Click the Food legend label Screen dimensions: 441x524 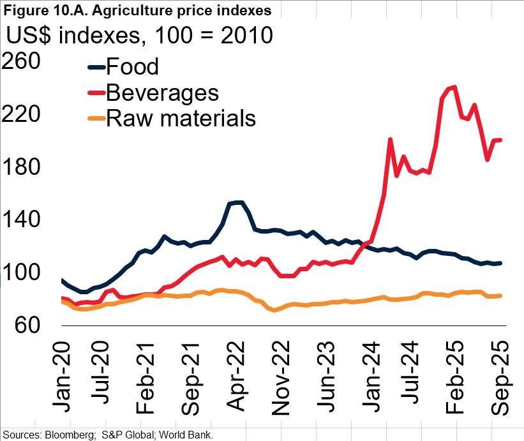coord(132,66)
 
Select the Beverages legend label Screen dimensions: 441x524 coord(162,93)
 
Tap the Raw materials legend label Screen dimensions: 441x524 coord(181,118)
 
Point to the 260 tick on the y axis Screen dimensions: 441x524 coord(22,61)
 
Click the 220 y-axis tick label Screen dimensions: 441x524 coord(22,114)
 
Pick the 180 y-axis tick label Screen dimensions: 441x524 coord(22,167)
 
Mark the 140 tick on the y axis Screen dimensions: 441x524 coord(22,220)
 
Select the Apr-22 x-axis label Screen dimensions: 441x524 coord(236,373)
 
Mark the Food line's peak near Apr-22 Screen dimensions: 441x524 coord(237,202)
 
